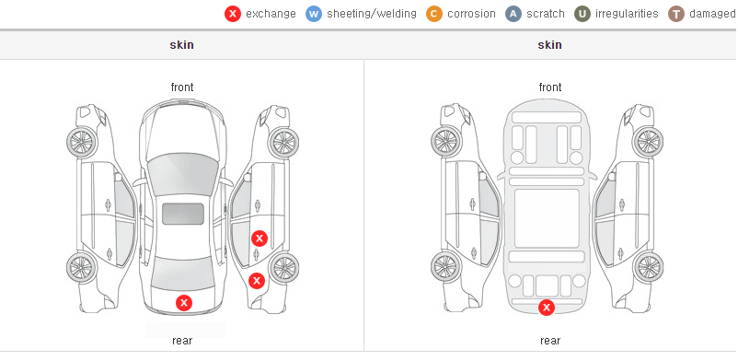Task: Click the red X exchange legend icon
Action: point(233,14)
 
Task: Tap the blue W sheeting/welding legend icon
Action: point(314,14)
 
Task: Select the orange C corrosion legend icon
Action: point(434,14)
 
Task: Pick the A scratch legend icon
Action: point(513,14)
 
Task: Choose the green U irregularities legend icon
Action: point(582,14)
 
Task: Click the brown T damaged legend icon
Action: point(675,14)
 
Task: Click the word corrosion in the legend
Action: point(471,14)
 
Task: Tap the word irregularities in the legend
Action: point(627,14)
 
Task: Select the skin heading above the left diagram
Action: point(181,45)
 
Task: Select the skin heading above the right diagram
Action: point(549,45)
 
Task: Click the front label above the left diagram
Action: point(182,87)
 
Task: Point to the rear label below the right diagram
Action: point(550,340)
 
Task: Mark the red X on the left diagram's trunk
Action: point(184,303)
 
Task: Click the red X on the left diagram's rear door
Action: point(259,239)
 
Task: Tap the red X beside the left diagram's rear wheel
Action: point(257,282)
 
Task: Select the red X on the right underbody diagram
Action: point(547,308)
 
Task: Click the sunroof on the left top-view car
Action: point(183,214)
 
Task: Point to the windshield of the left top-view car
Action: point(183,174)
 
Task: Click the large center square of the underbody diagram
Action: point(547,218)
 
